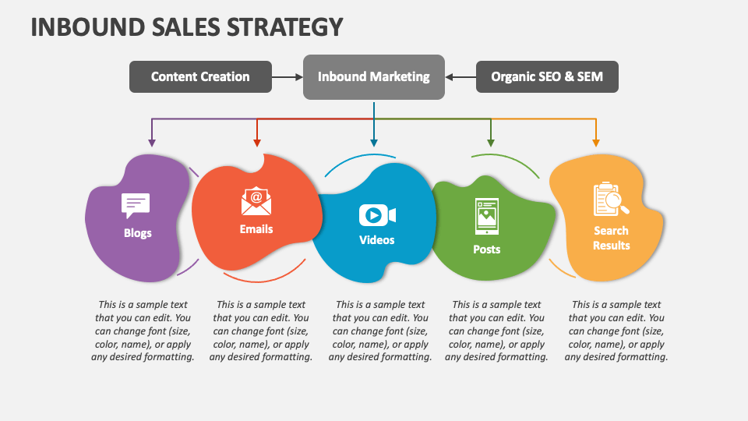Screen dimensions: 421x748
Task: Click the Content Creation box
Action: (x=200, y=76)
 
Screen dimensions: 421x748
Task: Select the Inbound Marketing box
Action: (x=373, y=76)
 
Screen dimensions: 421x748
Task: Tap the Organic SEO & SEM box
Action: (x=546, y=76)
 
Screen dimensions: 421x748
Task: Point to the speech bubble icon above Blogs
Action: (x=136, y=205)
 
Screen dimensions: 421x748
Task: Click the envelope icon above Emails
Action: (x=256, y=201)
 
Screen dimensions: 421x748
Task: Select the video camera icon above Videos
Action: (x=377, y=215)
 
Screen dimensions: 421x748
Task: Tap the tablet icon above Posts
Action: (x=486, y=214)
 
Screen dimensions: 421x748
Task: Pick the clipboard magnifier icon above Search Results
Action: (x=611, y=199)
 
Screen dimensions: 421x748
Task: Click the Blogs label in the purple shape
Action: (x=138, y=233)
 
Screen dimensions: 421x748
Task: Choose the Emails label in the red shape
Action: (x=256, y=229)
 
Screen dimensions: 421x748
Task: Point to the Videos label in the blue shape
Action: (x=377, y=240)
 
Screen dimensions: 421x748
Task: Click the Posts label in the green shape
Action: (x=487, y=249)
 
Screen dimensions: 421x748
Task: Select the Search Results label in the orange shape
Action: (x=612, y=238)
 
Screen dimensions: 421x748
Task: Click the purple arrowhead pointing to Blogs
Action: (x=152, y=143)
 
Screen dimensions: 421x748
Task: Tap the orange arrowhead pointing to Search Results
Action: (x=596, y=143)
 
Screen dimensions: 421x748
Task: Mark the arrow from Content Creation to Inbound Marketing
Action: (x=288, y=76)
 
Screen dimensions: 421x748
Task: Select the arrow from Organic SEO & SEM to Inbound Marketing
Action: (x=460, y=76)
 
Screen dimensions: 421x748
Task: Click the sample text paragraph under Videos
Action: (x=380, y=331)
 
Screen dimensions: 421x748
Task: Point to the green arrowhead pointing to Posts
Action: (x=490, y=143)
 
